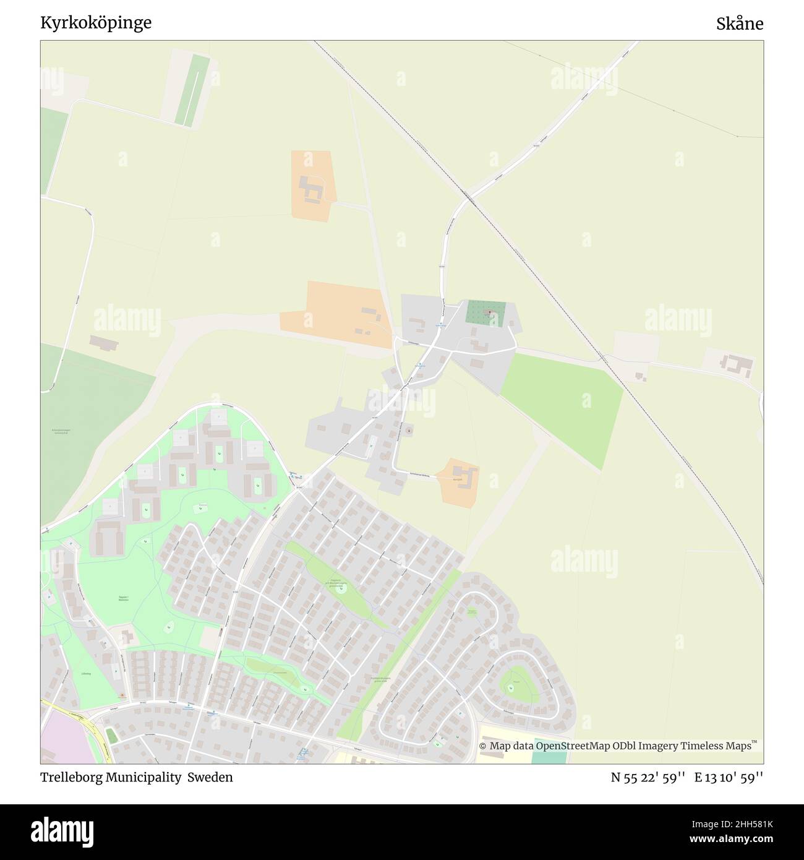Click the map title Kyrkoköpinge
pos(95,23)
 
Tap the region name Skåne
pos(740,24)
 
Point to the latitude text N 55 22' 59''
pos(648,778)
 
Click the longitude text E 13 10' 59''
pos(729,778)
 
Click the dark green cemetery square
pos(485,313)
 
